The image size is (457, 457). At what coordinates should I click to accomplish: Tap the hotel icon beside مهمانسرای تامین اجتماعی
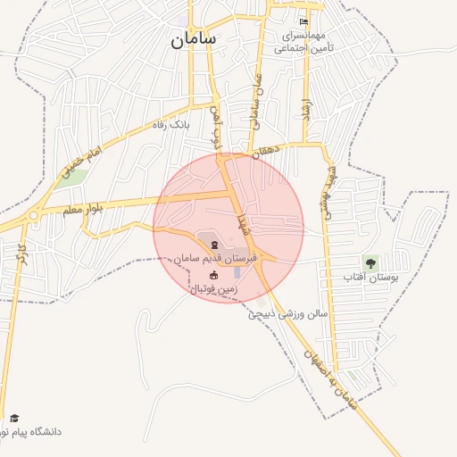[x=304, y=21]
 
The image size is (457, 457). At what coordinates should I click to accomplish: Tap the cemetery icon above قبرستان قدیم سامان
[x=213, y=245]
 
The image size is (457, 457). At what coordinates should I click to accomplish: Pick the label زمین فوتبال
[x=213, y=289]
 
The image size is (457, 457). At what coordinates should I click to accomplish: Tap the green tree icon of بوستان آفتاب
[x=370, y=262]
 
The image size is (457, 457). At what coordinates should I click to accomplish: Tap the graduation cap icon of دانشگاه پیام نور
[x=14, y=418]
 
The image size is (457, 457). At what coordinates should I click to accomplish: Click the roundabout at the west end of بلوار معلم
[x=34, y=215]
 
